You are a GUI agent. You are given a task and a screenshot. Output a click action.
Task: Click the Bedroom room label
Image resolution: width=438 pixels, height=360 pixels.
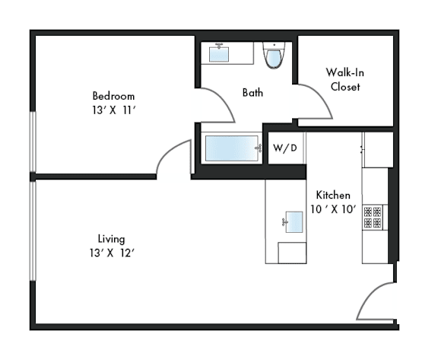coord(113,96)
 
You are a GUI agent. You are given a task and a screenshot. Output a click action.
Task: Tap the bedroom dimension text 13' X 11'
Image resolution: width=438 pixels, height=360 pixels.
coord(114,110)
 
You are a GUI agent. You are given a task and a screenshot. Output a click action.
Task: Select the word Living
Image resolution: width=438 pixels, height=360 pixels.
coord(112,239)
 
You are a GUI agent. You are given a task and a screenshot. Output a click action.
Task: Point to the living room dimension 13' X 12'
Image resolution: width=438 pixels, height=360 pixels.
coord(112,253)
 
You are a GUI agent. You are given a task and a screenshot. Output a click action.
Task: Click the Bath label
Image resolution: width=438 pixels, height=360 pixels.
coord(252,93)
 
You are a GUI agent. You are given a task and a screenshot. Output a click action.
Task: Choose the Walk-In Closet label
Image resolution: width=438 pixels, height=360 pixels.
coord(345,80)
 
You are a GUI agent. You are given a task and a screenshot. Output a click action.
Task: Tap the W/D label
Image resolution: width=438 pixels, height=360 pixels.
coord(285,148)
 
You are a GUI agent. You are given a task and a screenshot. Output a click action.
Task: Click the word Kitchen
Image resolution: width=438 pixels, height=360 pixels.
coord(333,195)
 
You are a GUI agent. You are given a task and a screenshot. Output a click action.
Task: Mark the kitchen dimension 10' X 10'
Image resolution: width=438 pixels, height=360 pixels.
coord(334,209)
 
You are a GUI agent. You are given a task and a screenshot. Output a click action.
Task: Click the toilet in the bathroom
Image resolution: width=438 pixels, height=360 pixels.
coord(274,56)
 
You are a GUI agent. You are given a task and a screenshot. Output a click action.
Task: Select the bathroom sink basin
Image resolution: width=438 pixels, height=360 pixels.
coord(219,54)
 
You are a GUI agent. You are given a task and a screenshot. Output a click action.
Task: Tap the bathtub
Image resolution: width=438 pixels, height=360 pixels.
coord(232,148)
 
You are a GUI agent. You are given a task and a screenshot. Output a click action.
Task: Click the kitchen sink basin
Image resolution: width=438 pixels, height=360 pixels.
coord(294,222)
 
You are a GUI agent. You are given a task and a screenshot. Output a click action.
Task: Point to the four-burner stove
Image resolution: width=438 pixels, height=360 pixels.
coord(373,217)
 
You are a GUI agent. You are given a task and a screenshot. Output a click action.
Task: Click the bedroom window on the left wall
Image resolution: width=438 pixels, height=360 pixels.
coord(33,142)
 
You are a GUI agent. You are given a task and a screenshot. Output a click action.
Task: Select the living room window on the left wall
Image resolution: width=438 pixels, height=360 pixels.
coord(33,231)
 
